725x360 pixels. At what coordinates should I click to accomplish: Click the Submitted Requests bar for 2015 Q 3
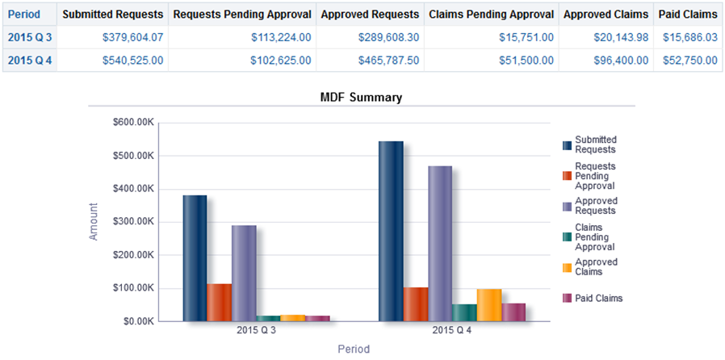194,258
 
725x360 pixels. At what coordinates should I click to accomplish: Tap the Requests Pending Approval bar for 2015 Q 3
219,303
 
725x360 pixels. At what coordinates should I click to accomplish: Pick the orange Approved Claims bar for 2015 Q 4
488,305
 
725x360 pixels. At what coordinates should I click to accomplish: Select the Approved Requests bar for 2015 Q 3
243,274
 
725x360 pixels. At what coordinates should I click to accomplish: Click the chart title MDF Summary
362,98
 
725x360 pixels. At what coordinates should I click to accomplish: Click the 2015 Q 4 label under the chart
451,331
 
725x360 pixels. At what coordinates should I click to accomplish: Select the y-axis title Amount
94,221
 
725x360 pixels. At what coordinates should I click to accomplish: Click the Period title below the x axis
354,350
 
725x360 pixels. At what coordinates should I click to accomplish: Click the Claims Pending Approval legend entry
594,237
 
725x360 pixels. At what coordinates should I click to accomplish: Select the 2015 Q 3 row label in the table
30,37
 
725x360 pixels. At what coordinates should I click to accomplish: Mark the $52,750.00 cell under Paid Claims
689,60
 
